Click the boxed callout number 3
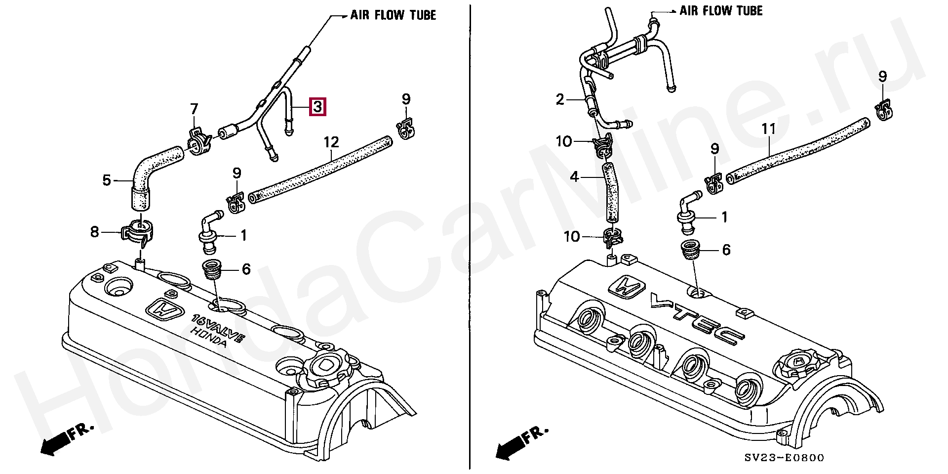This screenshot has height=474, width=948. click(317, 107)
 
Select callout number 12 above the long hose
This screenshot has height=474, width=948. click(331, 142)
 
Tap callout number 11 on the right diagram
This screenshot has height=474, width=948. click(769, 129)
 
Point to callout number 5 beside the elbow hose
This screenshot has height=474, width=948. click(107, 180)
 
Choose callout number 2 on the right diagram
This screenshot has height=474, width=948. click(559, 100)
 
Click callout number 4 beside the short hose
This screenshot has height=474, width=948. click(574, 176)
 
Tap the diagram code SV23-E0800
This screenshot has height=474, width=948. click(784, 458)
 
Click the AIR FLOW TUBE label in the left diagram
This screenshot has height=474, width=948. click(393, 15)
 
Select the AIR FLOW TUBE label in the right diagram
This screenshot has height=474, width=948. click(721, 11)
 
